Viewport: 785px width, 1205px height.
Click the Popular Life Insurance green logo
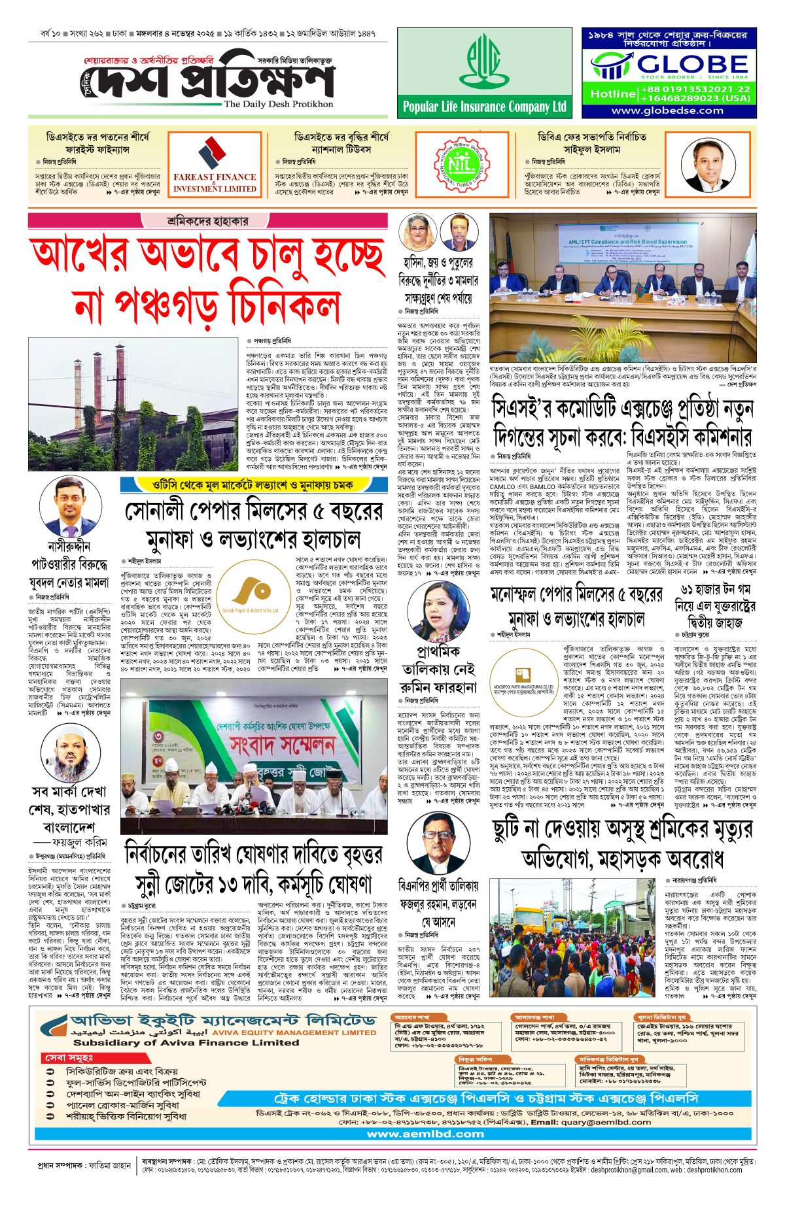click(x=483, y=63)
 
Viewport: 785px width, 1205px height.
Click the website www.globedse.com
click(x=667, y=110)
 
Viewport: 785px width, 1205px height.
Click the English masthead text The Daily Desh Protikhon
click(x=279, y=104)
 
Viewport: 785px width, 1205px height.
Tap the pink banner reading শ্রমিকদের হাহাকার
click(x=208, y=221)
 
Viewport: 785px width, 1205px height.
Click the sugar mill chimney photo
click(x=133, y=403)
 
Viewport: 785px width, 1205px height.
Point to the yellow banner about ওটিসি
click(x=245, y=484)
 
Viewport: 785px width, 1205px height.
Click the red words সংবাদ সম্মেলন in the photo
click(x=283, y=744)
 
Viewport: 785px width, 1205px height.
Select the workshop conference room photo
click(x=622, y=287)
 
